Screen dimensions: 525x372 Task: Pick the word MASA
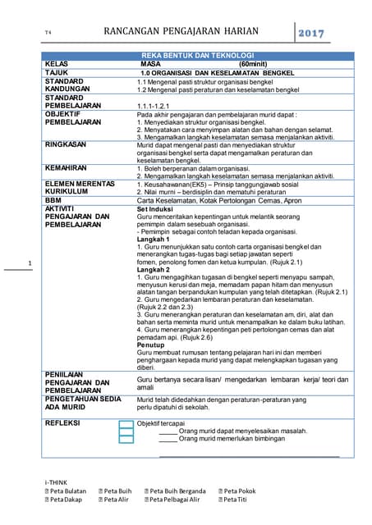(150, 63)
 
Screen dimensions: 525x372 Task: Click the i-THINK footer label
(56, 481)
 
